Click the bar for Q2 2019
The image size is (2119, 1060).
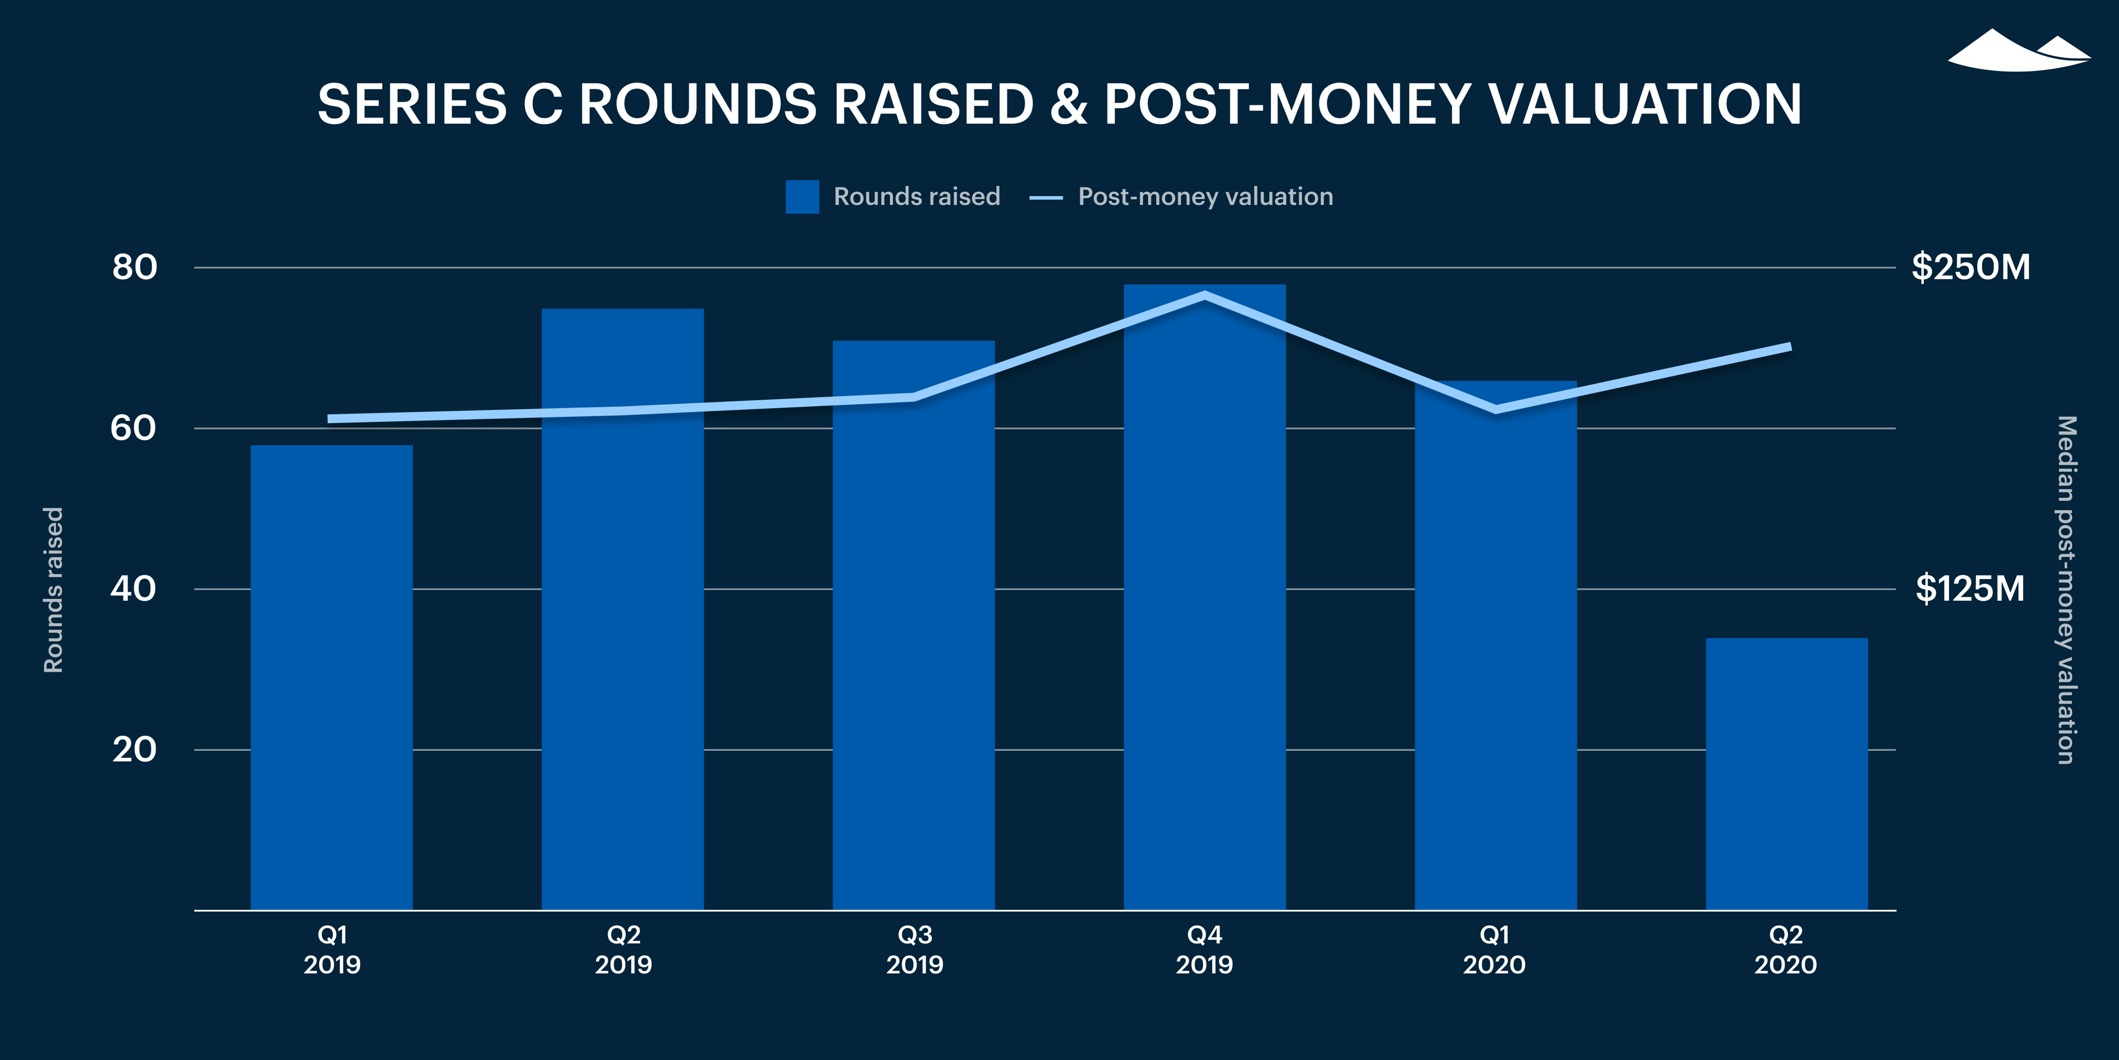click(622, 609)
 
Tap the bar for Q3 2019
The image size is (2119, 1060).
click(913, 626)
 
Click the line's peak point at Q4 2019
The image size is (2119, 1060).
click(1204, 295)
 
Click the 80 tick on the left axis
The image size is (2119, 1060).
click(134, 267)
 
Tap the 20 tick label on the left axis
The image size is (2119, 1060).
click(134, 750)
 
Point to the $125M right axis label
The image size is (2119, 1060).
click(1970, 589)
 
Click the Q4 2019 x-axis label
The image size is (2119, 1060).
click(1204, 950)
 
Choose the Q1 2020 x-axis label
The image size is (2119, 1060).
click(1494, 950)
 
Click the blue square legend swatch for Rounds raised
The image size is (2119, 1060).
click(802, 197)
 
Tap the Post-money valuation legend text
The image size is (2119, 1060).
click(1205, 197)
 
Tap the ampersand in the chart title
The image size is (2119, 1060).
click(1068, 104)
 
